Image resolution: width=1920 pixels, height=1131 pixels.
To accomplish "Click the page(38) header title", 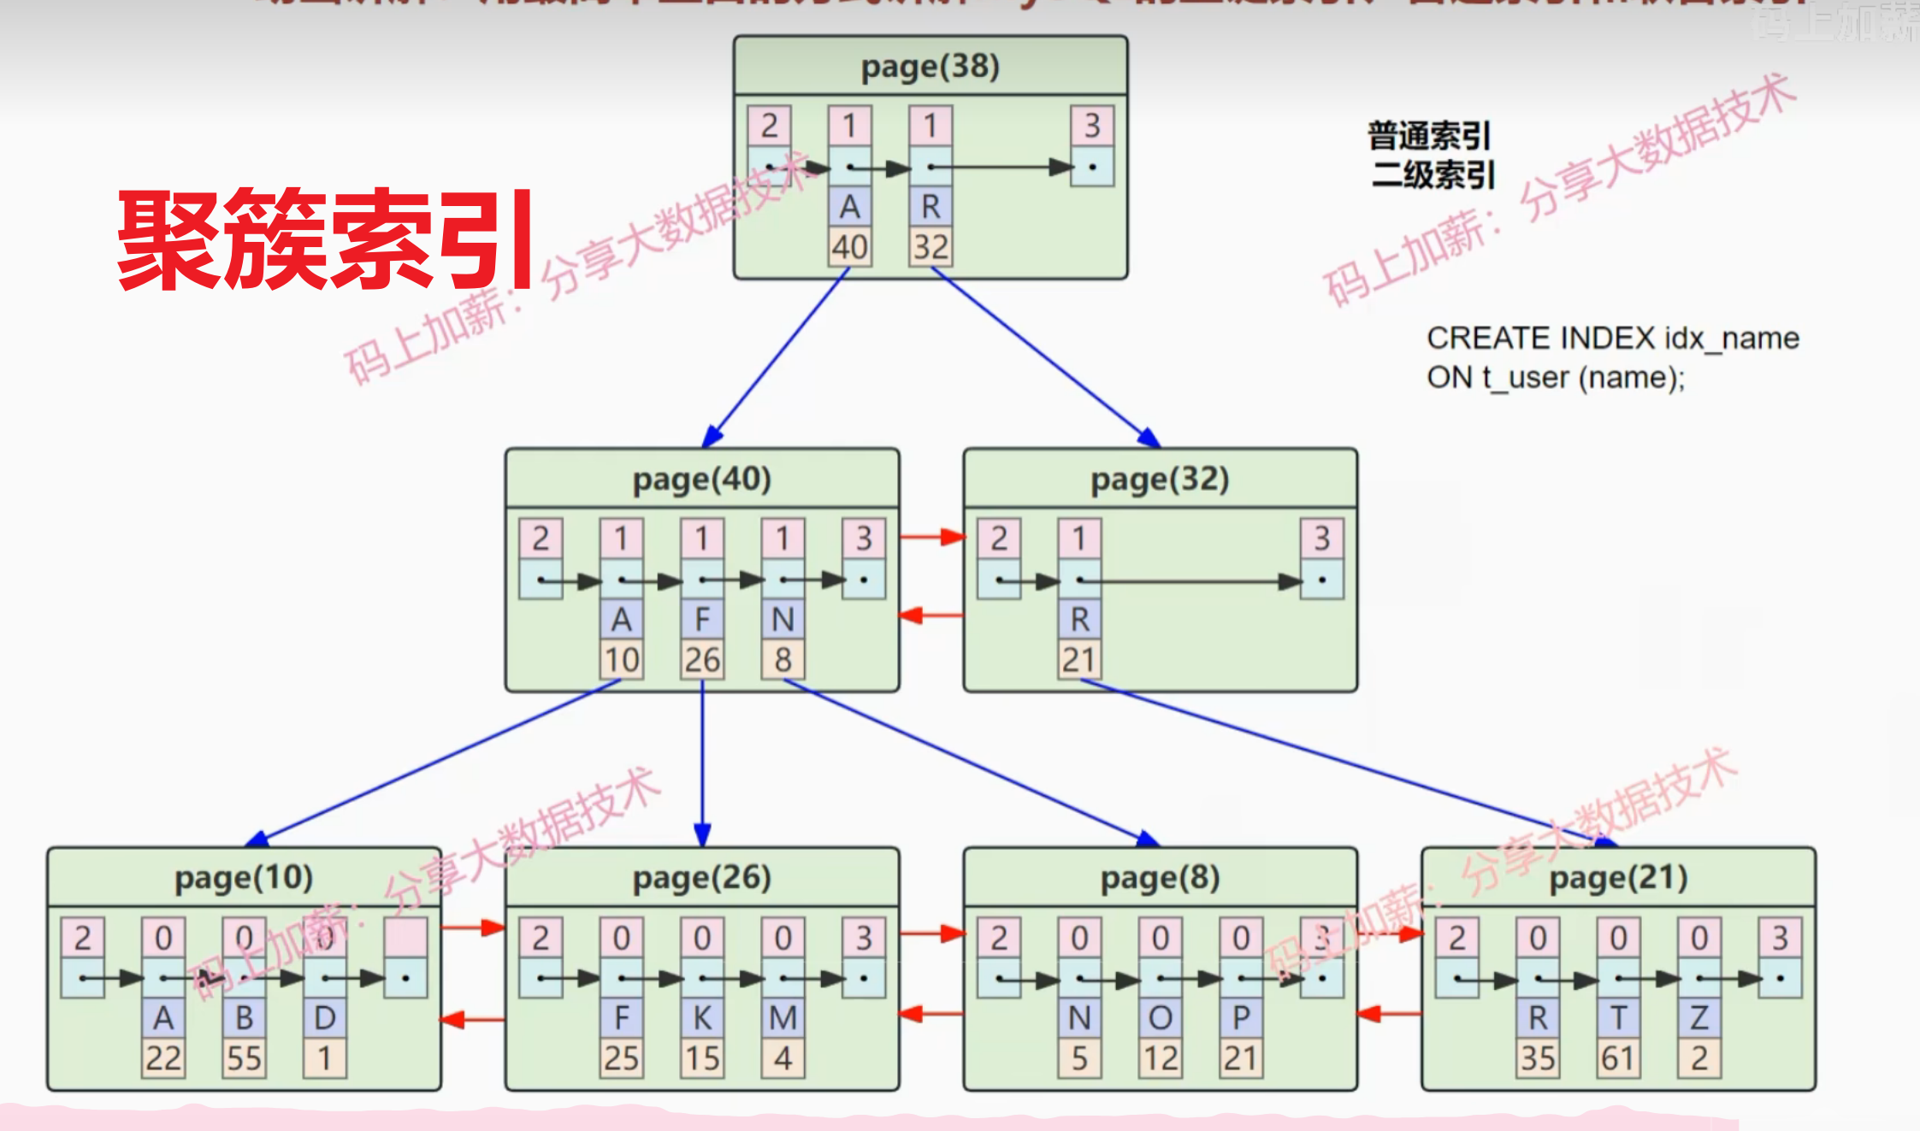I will tap(930, 66).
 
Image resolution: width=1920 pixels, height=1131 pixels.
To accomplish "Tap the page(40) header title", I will tap(701, 479).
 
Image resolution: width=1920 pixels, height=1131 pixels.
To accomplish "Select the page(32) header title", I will tap(1160, 479).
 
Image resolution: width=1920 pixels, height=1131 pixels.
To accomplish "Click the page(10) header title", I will tap(244, 878).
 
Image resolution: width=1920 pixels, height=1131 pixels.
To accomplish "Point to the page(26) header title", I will tap(701, 878).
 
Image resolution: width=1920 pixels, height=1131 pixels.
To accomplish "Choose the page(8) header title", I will tap(1160, 878).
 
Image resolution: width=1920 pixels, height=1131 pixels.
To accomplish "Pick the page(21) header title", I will tap(1618, 878).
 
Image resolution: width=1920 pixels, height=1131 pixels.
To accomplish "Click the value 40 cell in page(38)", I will tap(849, 247).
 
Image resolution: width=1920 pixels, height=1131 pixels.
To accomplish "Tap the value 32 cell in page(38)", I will tap(930, 247).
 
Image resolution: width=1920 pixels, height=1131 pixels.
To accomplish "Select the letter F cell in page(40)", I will tap(702, 619).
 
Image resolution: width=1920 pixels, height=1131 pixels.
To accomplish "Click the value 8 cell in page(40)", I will tap(783, 660).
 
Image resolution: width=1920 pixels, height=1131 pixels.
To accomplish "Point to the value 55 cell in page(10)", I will tap(244, 1058).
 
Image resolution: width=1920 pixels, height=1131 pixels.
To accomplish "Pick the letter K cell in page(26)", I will tap(702, 1018).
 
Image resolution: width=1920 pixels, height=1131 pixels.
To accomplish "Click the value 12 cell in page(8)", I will tap(1161, 1058).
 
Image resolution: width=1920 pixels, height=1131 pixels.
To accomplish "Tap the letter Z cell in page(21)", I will tap(1698, 1018).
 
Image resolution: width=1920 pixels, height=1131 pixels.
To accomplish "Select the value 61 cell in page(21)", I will tap(1618, 1058).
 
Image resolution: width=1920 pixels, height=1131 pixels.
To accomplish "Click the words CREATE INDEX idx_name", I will tap(1612, 339).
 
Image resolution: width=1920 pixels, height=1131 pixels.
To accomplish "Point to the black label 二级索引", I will tap(1433, 175).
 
